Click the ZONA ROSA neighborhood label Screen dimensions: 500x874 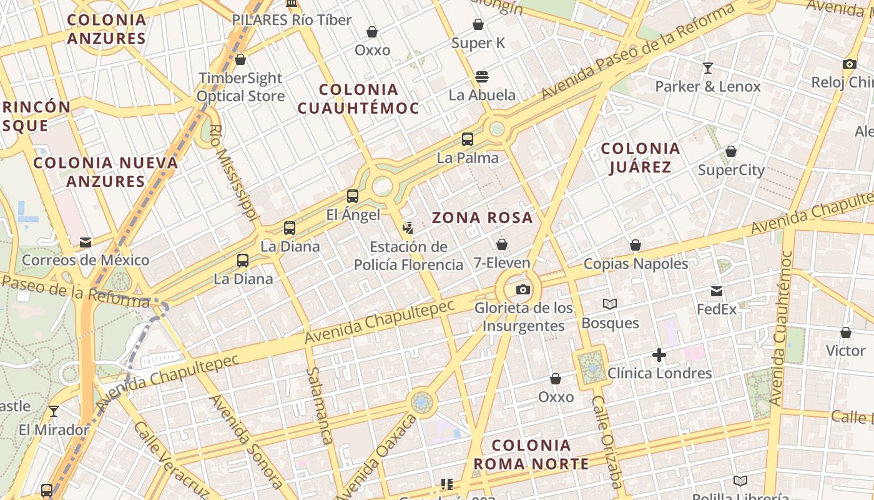[483, 217]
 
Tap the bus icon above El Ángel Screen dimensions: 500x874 [353, 196]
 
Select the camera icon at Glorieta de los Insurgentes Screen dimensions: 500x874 [523, 289]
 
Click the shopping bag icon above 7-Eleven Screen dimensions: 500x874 [501, 244]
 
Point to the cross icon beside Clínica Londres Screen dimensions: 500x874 [659, 356]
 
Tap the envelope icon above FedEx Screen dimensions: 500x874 [717, 291]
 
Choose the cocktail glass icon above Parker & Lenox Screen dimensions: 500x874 [708, 67]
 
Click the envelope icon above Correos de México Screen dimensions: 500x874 [86, 242]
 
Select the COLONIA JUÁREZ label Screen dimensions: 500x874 [640, 157]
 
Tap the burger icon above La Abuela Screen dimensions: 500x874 [482, 77]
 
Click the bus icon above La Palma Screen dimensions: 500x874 [468, 139]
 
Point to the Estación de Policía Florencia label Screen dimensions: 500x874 [409, 256]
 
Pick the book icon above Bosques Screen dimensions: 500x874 [610, 304]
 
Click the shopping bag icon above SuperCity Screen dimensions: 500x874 [731, 152]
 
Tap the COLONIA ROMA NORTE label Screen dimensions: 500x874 [531, 454]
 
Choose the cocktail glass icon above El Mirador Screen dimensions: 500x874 [54, 411]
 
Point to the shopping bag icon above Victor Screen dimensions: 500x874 [846, 332]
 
